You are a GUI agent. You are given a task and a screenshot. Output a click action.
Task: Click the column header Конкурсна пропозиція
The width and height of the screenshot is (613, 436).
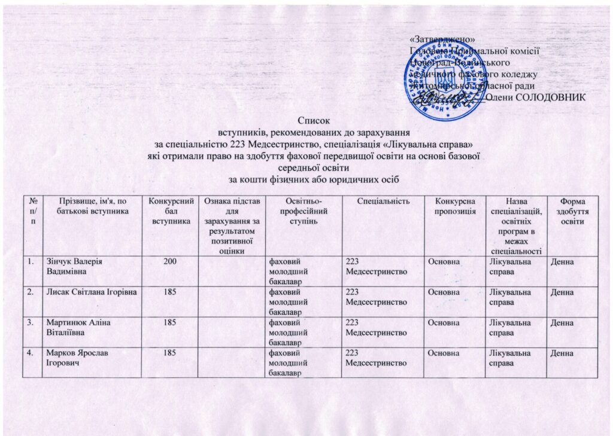[x=456, y=206]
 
